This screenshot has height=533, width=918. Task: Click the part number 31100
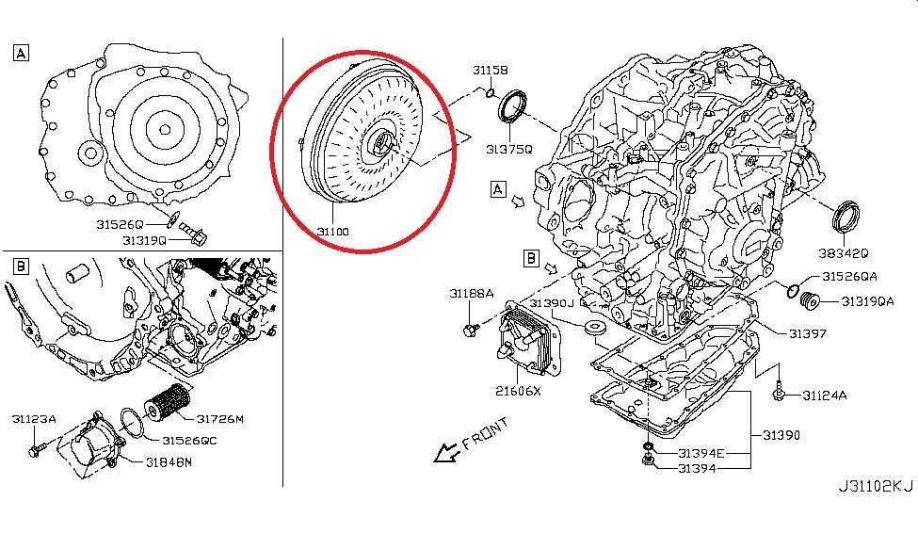pos(332,231)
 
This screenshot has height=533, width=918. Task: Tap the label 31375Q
pos(509,149)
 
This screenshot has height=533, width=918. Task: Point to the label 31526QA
pos(849,277)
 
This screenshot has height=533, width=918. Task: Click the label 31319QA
pos(867,301)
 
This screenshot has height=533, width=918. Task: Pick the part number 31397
pos(808,333)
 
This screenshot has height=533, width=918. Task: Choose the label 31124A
pos(825,396)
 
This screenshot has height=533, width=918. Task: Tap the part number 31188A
pos(471,294)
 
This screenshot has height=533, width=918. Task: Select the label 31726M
pos(220,418)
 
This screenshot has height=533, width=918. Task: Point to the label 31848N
pos(169,461)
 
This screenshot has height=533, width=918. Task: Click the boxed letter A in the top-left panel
pos(21,53)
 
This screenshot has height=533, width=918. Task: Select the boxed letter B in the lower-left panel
pos(21,266)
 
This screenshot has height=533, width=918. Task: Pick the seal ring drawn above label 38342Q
pos(848,216)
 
